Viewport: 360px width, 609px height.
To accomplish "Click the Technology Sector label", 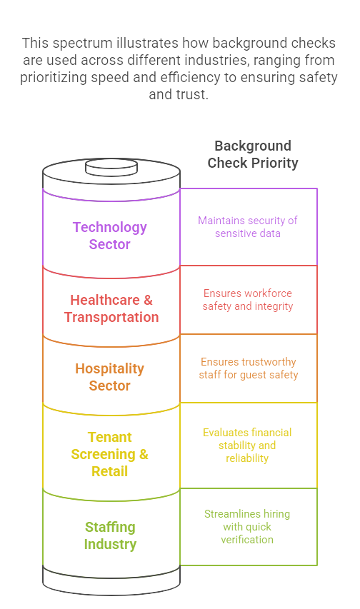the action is click(x=109, y=236).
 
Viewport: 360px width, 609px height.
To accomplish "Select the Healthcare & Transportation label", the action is click(x=111, y=308).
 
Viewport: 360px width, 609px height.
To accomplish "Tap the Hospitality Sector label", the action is click(x=109, y=377).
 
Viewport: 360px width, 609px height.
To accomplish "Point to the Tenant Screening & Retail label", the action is click(x=109, y=454).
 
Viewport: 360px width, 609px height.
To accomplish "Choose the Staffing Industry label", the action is click(x=110, y=535).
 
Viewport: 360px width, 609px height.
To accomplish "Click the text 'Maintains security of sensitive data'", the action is click(x=248, y=227).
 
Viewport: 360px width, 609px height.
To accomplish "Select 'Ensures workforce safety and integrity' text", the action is click(x=248, y=299).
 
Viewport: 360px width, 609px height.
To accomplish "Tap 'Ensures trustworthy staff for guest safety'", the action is click(x=249, y=368).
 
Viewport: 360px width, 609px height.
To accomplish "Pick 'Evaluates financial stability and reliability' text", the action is click(x=247, y=445).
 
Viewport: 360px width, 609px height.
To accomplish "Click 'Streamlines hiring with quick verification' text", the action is click(x=247, y=527).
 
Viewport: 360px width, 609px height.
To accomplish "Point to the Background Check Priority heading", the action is click(x=253, y=154).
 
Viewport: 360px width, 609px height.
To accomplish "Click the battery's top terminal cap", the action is click(x=111, y=167).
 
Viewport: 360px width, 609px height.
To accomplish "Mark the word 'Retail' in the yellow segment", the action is click(x=109, y=471).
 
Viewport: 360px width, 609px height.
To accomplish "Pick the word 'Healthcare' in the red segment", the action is click(x=105, y=300).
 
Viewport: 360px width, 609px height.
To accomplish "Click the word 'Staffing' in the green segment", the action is click(x=110, y=528).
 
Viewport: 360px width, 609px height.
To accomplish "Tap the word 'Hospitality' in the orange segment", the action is click(x=109, y=368).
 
